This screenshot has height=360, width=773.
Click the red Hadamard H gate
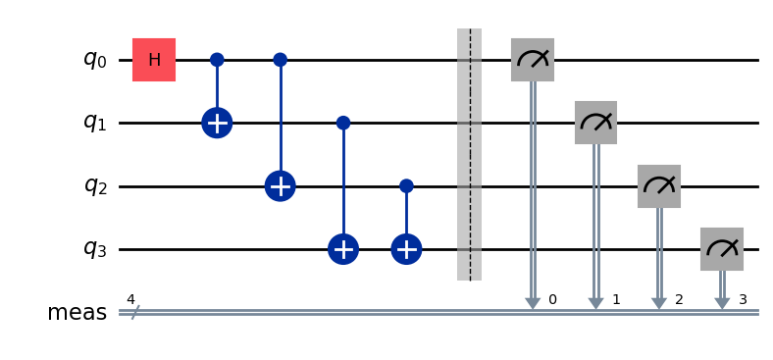click(154, 60)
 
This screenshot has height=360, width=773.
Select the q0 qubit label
click(93, 60)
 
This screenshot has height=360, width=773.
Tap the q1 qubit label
click(93, 124)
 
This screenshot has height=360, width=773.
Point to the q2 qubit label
click(93, 186)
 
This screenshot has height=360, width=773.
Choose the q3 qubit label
click(93, 250)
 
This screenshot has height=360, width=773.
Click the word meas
click(77, 313)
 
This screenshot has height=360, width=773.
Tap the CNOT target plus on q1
click(217, 124)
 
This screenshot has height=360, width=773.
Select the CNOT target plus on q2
click(280, 186)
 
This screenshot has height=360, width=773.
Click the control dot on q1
click(343, 124)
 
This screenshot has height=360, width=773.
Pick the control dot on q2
click(406, 186)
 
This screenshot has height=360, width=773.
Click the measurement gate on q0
click(533, 60)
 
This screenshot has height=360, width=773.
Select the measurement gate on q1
click(595, 124)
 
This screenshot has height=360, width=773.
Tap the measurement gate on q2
click(659, 186)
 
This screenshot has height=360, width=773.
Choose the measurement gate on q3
click(722, 250)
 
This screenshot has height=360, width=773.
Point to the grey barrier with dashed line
click(469, 155)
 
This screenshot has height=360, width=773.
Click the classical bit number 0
click(552, 298)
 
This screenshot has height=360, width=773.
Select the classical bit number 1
click(616, 298)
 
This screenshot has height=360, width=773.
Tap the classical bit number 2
click(679, 298)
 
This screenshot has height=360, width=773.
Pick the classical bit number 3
click(743, 298)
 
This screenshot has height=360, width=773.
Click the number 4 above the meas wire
click(130, 298)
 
